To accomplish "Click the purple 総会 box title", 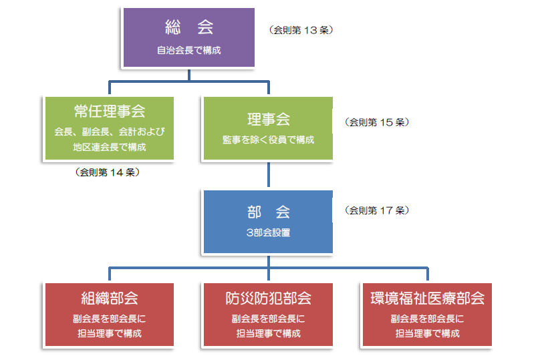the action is pos(189,27).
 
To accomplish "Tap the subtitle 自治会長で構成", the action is pos(189,50).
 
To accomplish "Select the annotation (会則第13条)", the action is pos(301,30).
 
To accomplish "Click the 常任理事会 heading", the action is pos(110,112).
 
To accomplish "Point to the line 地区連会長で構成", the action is pos(110,147).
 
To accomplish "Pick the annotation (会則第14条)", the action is pos(108,172).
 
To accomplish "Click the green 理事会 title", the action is pos(269,120).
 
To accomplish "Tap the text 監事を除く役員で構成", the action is pos(268,140).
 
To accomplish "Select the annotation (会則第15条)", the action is pos(377,122).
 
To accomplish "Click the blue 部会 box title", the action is pos(269,212).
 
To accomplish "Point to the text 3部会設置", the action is pos(268,232).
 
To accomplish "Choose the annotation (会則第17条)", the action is pos(377,210).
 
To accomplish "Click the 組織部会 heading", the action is pos(110,299).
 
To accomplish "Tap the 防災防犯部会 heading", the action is pos(269,299).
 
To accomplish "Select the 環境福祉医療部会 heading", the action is pos(428,299).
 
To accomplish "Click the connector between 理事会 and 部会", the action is pos(269,174).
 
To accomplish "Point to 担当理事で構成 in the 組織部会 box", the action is pos(110,334).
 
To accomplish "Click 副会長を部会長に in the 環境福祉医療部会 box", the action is pos(428,319).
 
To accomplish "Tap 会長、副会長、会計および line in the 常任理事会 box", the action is pos(110,132).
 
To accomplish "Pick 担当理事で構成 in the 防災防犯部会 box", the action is pos(269,334).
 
